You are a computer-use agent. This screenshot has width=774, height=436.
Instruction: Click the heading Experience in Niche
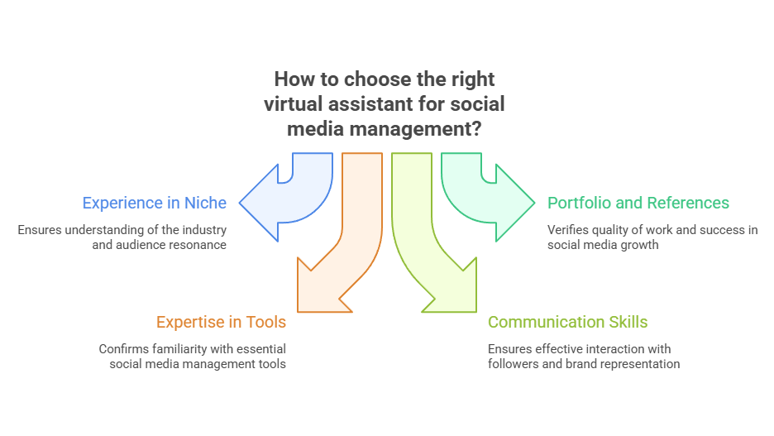[154, 203]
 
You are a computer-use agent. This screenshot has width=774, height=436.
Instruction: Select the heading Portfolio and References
[638, 203]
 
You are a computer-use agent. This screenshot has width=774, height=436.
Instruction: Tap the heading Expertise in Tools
[222, 322]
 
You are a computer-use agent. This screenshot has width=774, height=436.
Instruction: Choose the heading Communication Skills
[567, 322]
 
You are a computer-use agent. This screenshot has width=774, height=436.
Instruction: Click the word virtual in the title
[296, 104]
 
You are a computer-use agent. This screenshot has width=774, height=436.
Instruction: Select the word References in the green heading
[688, 203]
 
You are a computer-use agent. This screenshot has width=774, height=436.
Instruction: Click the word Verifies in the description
[568, 230]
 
